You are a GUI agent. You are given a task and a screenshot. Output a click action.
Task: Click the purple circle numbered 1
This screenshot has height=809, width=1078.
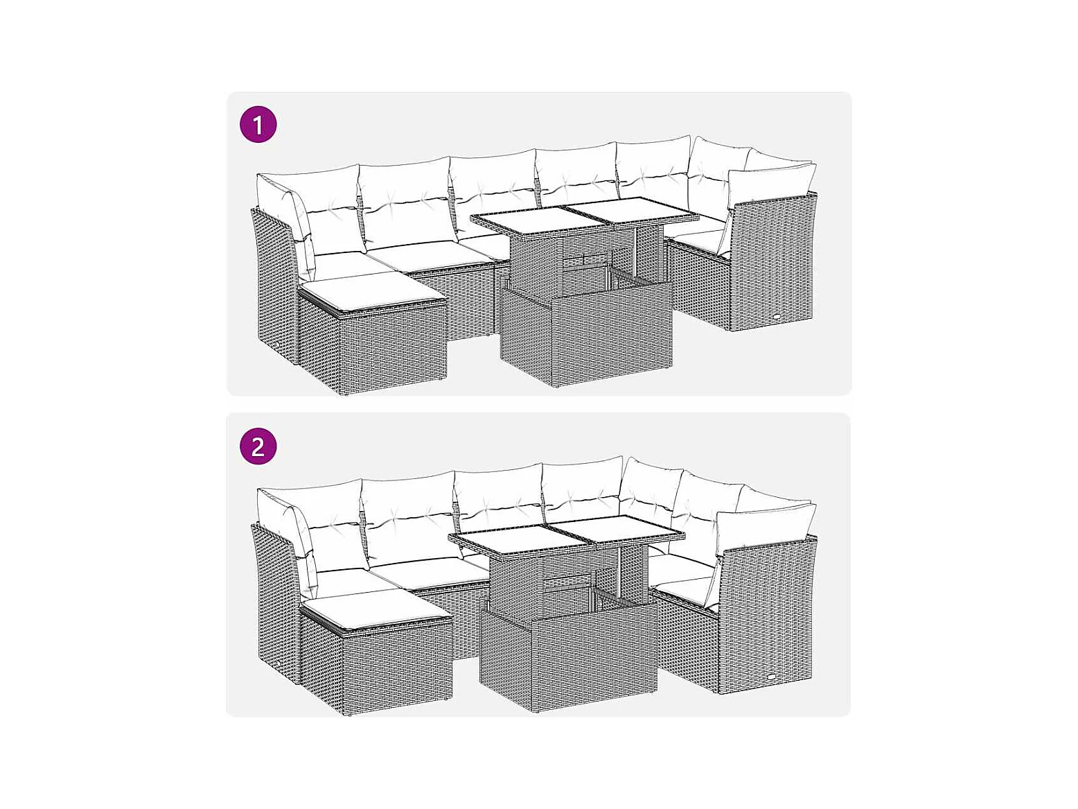pos(258,124)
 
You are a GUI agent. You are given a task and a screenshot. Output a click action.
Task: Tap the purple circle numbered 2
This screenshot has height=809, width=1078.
pos(258,446)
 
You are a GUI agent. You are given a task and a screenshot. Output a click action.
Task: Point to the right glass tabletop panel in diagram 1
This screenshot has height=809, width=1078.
pos(633,210)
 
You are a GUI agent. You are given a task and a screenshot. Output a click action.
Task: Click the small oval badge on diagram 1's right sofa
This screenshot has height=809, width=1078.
pos(777,317)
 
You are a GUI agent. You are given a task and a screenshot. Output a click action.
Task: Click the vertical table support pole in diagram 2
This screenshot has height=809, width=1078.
pos(621,572)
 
